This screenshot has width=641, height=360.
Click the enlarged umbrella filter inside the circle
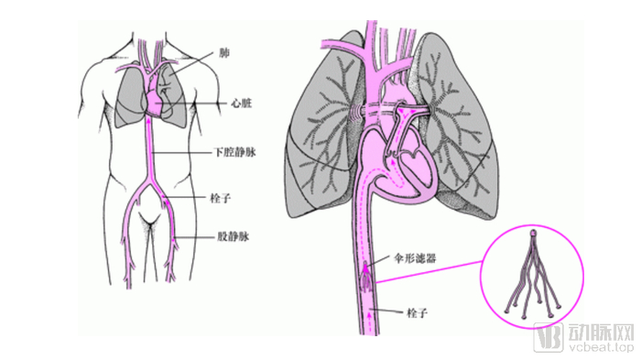tap(533, 275)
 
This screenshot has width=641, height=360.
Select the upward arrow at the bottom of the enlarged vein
tap(370, 317)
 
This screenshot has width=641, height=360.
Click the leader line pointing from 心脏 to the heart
tap(201, 105)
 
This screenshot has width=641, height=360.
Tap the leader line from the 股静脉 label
tap(197, 237)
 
